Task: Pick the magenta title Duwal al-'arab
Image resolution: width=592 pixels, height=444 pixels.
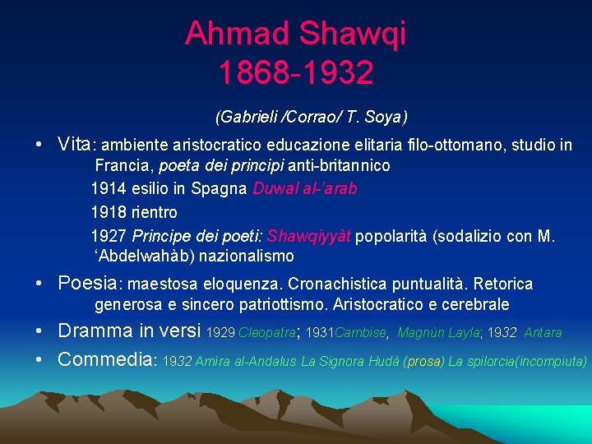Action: [305, 188]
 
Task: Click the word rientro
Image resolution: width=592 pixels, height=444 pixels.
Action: [155, 212]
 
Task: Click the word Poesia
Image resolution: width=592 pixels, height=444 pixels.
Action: [88, 284]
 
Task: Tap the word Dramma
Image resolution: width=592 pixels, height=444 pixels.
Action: [95, 331]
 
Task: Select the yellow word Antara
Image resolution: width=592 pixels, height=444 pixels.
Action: [543, 333]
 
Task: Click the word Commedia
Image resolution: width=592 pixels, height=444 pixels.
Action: [105, 359]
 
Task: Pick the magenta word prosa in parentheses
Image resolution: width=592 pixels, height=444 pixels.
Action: [423, 361]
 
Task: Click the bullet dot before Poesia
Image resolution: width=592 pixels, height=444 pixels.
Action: [39, 284]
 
